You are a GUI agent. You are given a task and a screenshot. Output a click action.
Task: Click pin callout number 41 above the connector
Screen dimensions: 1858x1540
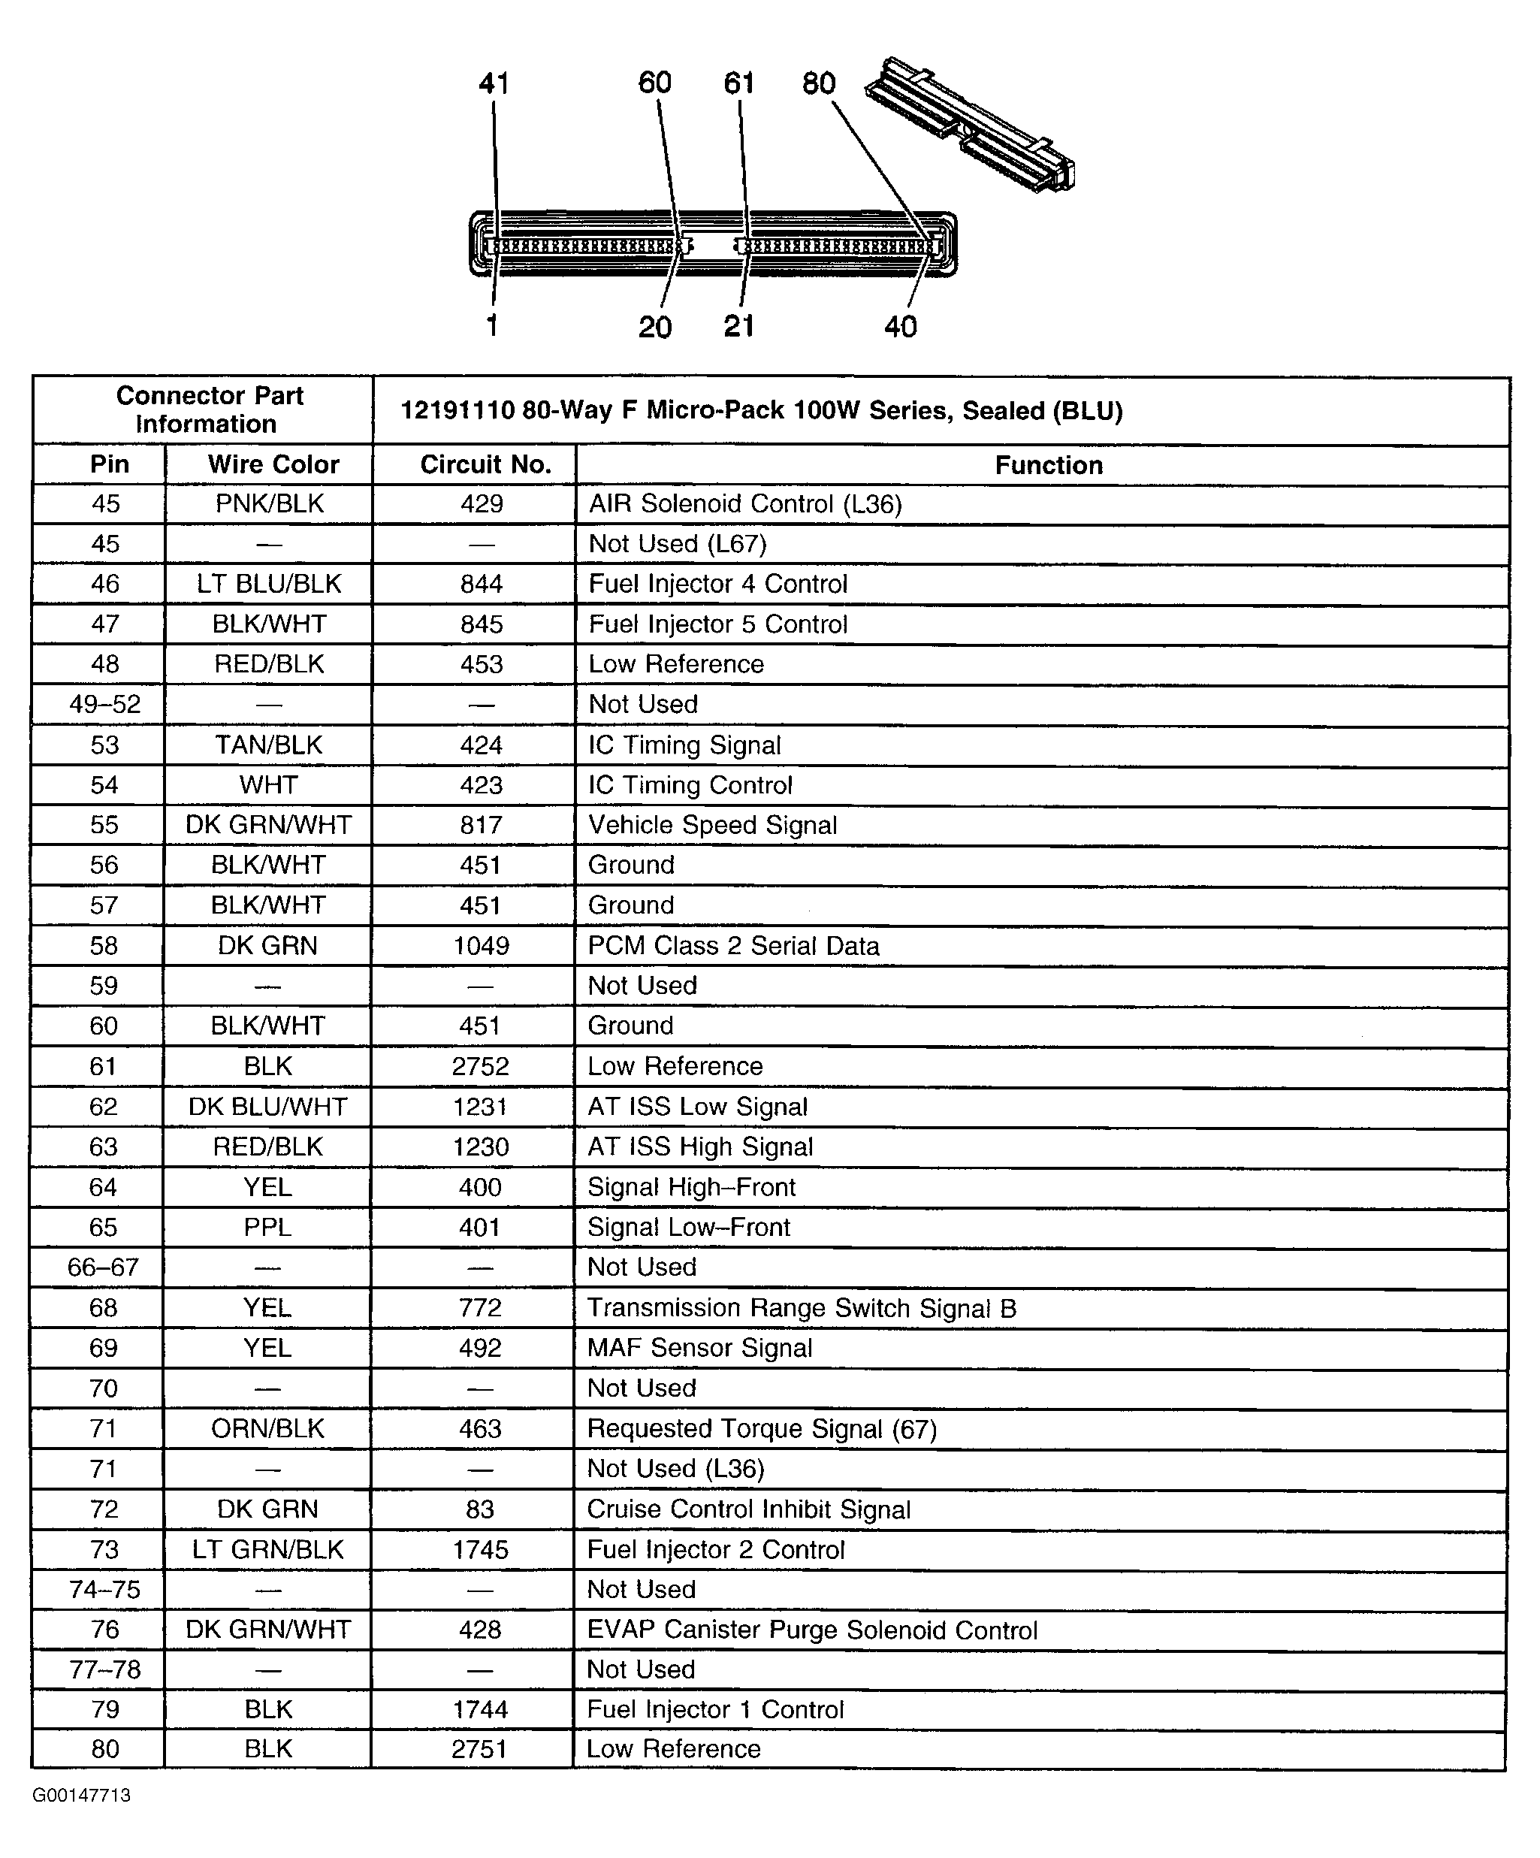click(494, 83)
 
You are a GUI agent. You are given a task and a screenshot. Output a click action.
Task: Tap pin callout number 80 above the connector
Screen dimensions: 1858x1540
click(819, 83)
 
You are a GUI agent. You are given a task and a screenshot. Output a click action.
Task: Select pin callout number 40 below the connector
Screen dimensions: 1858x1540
click(901, 328)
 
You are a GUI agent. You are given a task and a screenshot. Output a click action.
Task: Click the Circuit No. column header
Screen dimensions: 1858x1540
click(485, 464)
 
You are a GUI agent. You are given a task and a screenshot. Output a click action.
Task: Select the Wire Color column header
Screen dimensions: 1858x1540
click(273, 464)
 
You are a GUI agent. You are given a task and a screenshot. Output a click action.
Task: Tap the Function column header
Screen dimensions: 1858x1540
click(1048, 465)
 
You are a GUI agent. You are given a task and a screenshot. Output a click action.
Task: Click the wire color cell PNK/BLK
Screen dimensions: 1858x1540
click(270, 503)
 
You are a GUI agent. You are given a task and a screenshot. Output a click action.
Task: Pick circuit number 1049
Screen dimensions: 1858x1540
click(482, 946)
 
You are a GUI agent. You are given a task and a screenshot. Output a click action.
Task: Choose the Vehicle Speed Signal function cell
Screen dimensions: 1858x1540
click(712, 825)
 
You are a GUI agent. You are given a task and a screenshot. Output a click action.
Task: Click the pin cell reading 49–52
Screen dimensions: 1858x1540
click(105, 704)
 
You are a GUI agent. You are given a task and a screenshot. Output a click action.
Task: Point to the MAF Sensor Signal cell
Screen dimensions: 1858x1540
click(699, 1348)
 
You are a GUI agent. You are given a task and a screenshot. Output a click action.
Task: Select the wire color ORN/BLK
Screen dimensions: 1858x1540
click(268, 1428)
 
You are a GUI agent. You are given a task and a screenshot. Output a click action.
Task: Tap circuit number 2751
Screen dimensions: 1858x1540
click(479, 1748)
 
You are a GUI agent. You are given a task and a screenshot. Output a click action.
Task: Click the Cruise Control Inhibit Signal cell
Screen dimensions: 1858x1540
click(748, 1509)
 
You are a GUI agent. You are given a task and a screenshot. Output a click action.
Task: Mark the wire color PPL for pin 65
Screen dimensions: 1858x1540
click(267, 1227)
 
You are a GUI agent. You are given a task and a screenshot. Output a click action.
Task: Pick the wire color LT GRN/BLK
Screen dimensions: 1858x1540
click(268, 1549)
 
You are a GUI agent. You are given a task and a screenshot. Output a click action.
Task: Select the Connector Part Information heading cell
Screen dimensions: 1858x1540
click(210, 409)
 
